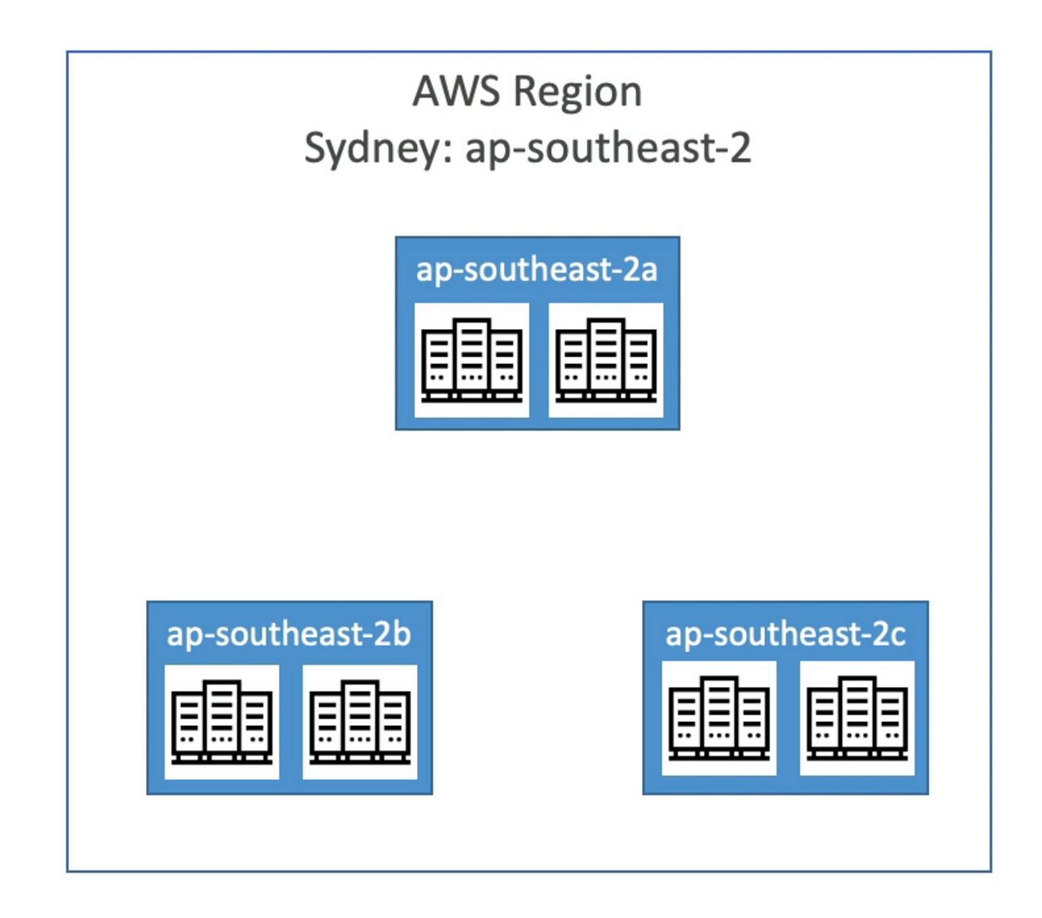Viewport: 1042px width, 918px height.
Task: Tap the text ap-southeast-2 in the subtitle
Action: point(608,148)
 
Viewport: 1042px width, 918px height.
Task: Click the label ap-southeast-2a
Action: point(536,269)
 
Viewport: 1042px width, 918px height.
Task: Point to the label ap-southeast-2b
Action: point(289,634)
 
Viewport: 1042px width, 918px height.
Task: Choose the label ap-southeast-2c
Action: point(785,634)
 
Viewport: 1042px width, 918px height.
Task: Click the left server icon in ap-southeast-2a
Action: point(472,360)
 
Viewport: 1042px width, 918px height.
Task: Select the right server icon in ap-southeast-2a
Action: point(606,360)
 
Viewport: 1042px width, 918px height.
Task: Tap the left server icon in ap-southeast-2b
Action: point(222,722)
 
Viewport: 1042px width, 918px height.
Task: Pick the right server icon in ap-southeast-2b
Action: point(360,722)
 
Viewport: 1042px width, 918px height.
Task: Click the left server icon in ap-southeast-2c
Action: point(719,718)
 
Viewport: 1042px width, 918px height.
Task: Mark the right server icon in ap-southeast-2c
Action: point(857,718)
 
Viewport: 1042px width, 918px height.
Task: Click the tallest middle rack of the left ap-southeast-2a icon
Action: point(472,355)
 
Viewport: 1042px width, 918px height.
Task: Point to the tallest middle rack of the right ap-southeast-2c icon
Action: point(857,713)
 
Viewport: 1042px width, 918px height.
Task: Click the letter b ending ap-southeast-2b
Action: point(402,633)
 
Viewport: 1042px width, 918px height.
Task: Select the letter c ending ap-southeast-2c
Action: point(898,636)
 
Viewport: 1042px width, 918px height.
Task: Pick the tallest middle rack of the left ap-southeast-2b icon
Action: point(222,717)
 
